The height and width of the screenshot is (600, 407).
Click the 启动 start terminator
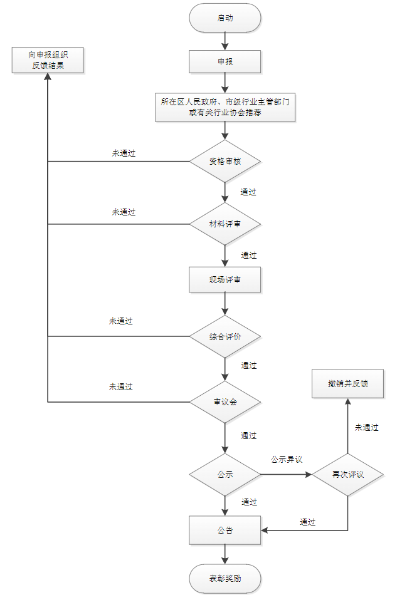coord(225,18)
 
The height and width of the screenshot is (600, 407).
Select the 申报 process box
coord(225,62)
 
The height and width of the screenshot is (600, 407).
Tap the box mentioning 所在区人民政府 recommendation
coord(225,107)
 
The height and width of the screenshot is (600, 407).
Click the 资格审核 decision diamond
coord(225,162)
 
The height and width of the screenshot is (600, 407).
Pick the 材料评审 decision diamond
coord(225,224)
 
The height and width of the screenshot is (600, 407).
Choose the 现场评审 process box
coord(225,280)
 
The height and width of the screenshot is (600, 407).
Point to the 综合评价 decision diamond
coord(225,336)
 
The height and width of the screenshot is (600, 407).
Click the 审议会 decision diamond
coord(225,402)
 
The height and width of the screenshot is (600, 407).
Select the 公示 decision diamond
coord(225,475)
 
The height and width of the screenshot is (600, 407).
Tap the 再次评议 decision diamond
coord(347,475)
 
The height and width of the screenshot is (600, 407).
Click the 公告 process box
coord(225,530)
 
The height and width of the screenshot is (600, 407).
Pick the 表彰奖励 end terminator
coord(225,579)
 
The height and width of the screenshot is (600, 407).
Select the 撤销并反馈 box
coord(347,383)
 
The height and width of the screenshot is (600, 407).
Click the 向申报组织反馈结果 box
coord(48,60)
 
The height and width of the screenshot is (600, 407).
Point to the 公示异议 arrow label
coord(287,460)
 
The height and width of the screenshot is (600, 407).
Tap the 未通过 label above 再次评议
coord(366,428)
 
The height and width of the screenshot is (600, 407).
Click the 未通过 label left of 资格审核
coord(124,153)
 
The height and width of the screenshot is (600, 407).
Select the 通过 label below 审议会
coord(248,435)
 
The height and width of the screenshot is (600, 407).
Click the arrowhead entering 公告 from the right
coord(265,530)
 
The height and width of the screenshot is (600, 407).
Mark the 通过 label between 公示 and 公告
coord(248,502)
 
